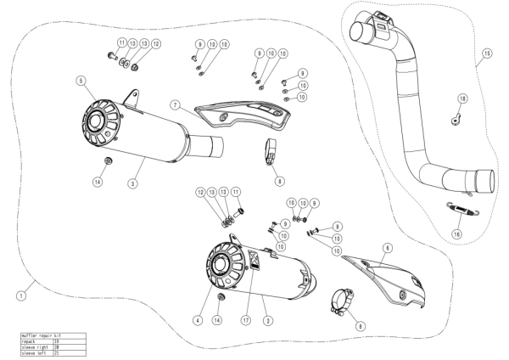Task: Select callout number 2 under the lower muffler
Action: pos(267,320)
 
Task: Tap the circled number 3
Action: pos(133,183)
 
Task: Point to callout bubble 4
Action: pos(196,320)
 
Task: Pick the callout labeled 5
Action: pos(80,81)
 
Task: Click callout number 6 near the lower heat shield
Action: pos(387,247)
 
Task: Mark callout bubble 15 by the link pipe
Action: pos(486,53)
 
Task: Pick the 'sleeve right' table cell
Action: pos(35,346)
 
